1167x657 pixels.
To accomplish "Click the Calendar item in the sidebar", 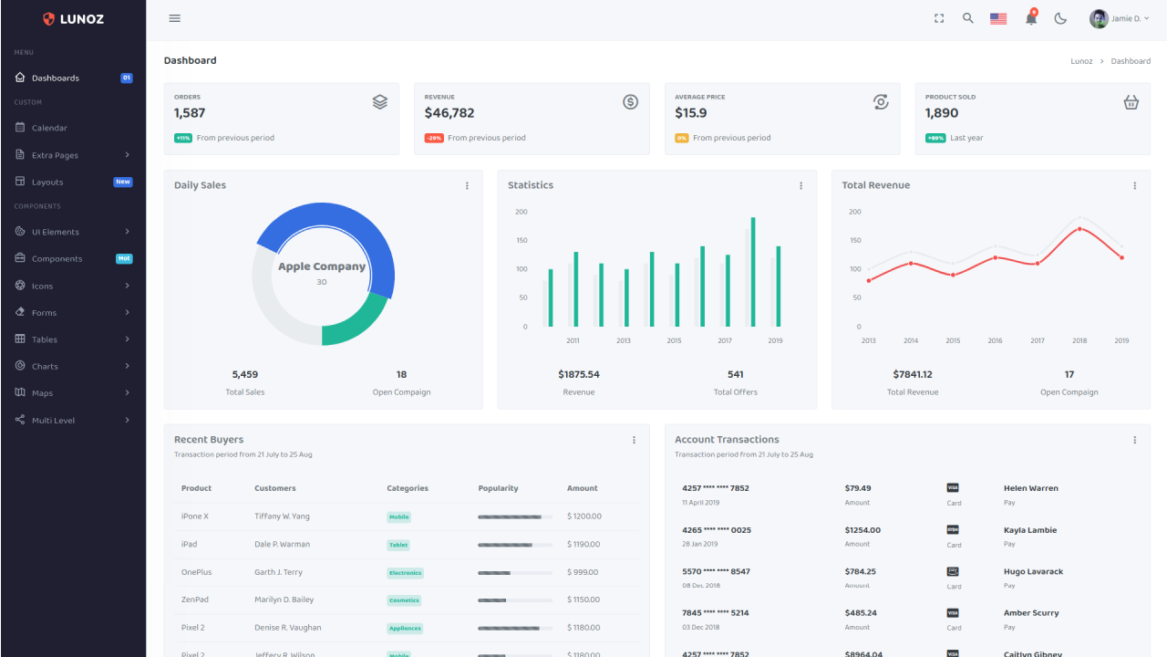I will [49, 128].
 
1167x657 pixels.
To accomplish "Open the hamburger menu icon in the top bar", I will [175, 18].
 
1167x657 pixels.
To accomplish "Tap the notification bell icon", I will [1031, 18].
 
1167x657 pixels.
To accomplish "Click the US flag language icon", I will [998, 18].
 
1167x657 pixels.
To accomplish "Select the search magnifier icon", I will [968, 18].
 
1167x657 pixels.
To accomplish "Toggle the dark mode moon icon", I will [1060, 18].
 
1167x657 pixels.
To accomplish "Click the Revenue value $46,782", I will [449, 113].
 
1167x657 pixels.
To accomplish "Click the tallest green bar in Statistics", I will [753, 271].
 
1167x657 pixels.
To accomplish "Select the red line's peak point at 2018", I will [1079, 229].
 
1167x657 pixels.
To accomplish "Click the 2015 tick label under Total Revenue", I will [953, 341].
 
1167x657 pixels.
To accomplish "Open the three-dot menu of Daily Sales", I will [467, 185].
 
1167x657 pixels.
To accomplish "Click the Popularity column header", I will [498, 488].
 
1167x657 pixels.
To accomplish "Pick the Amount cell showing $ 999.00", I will [583, 572].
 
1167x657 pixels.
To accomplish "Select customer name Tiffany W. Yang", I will [282, 516].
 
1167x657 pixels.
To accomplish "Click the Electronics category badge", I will [405, 573].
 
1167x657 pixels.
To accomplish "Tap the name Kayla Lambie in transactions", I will [1030, 530].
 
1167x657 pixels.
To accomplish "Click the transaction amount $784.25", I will [861, 571].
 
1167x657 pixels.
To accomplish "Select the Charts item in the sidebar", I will [45, 367].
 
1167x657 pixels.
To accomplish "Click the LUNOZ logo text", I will [82, 19].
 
